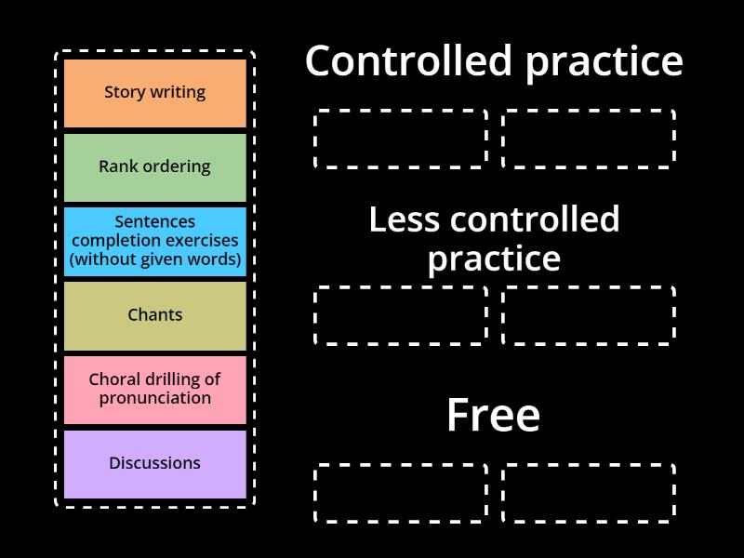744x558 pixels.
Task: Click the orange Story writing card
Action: [x=154, y=93]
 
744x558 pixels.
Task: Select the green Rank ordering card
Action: [x=154, y=167]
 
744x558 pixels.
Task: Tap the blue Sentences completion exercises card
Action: [x=154, y=241]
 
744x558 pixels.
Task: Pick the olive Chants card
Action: [x=154, y=315]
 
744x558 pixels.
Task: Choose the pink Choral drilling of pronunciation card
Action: [x=154, y=390]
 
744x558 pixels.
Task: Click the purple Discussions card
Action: [x=154, y=463]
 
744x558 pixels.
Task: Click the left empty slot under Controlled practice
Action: [x=401, y=139]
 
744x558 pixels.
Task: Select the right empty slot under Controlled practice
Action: [x=589, y=139]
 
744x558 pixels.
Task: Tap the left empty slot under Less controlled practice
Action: [x=401, y=316]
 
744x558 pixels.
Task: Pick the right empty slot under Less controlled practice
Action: [x=589, y=316]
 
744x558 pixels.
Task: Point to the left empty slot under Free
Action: [x=401, y=493]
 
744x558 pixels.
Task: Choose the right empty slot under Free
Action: [x=589, y=493]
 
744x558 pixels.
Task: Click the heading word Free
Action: [x=493, y=416]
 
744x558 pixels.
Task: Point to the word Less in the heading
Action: [x=405, y=220]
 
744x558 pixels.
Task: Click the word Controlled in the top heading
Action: [x=409, y=61]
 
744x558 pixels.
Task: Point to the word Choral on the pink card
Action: [x=116, y=379]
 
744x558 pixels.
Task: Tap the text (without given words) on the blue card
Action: [x=154, y=259]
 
